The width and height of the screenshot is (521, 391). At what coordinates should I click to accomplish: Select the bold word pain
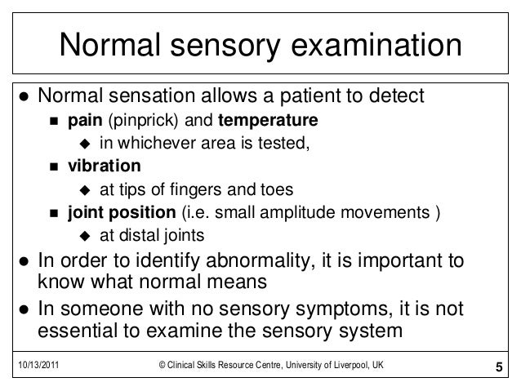click(x=84, y=122)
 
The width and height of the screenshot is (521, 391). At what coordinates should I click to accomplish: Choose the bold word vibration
click(x=103, y=167)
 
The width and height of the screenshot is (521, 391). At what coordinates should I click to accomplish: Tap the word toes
click(x=277, y=191)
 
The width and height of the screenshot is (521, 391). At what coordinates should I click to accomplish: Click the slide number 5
click(x=500, y=365)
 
